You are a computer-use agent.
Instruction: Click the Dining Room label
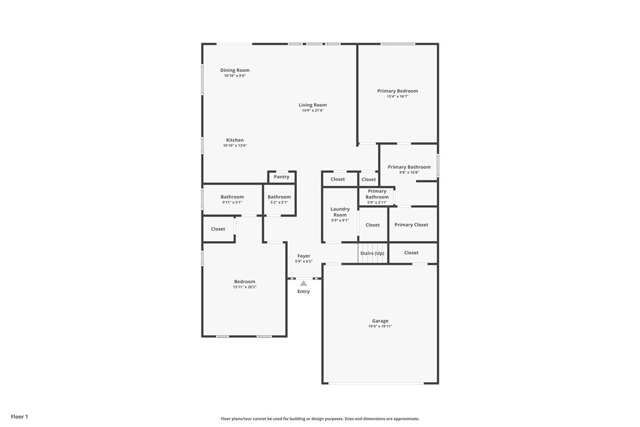(x=235, y=70)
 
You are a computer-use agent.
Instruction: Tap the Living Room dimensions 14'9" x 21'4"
(x=313, y=110)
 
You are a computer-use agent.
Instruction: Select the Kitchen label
(x=235, y=140)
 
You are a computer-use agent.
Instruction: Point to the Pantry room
(x=282, y=177)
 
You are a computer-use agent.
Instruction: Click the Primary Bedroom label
(x=398, y=91)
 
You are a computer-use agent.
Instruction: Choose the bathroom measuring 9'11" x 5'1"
(x=232, y=199)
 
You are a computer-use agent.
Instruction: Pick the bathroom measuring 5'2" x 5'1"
(x=279, y=199)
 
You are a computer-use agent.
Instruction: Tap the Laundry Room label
(x=340, y=212)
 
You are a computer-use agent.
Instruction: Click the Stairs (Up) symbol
(x=372, y=253)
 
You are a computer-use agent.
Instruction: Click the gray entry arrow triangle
(x=303, y=283)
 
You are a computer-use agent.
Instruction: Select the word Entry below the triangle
(x=303, y=291)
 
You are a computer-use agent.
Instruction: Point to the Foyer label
(x=303, y=256)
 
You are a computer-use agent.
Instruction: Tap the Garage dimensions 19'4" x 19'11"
(x=380, y=326)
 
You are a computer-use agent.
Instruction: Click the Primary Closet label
(x=411, y=224)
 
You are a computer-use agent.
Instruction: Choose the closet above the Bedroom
(x=219, y=229)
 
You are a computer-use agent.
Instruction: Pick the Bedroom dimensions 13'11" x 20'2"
(x=245, y=287)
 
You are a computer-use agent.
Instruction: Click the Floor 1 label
(x=19, y=417)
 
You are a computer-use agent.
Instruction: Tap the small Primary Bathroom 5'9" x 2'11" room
(x=377, y=196)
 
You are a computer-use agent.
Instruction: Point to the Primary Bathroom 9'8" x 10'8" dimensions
(x=409, y=172)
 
